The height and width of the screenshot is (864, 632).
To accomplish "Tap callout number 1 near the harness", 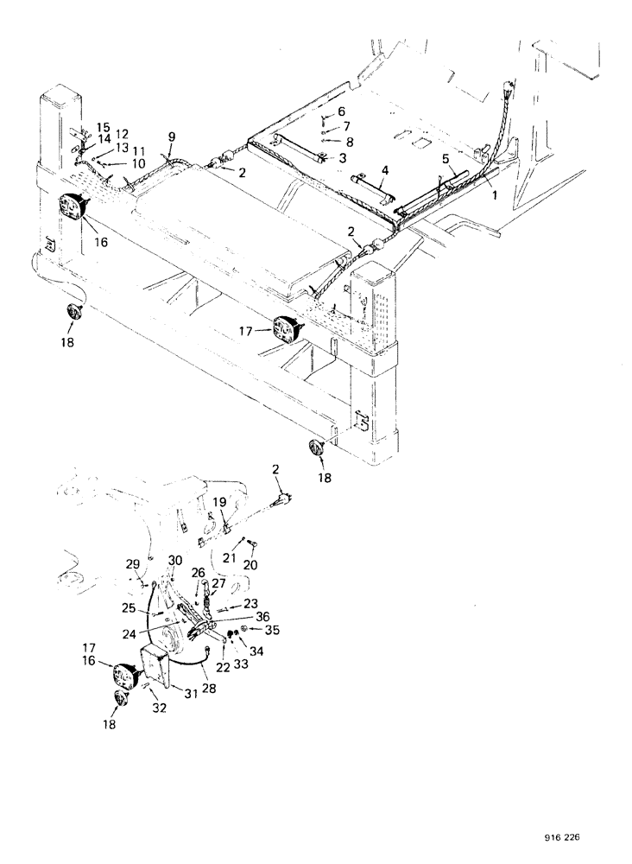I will [x=494, y=195].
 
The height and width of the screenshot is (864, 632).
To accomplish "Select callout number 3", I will [x=342, y=158].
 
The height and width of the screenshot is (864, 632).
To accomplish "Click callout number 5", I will [x=445, y=159].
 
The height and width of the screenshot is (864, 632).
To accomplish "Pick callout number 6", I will [x=341, y=111].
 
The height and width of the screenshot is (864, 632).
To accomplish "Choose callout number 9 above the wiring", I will [x=172, y=137].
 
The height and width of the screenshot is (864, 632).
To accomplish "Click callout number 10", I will [x=138, y=164].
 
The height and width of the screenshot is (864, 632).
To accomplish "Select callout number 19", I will [x=219, y=501].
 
